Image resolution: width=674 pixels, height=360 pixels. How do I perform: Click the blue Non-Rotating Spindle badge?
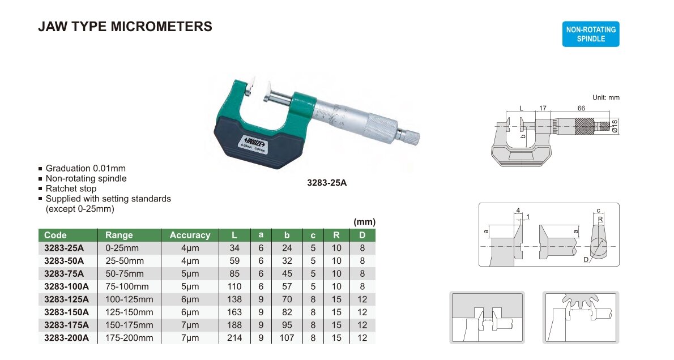[591, 34]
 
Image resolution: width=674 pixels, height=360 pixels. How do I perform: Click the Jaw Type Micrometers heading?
[125, 27]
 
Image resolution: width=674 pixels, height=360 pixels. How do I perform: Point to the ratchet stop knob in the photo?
[408, 136]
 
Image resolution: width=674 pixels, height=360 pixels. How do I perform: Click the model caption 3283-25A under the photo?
[327, 183]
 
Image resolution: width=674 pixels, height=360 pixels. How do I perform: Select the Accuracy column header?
[190, 235]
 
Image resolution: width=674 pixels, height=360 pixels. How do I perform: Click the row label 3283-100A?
[67, 286]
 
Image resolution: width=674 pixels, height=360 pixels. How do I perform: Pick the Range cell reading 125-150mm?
[129, 312]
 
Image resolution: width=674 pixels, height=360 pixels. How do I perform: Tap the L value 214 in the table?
[234, 338]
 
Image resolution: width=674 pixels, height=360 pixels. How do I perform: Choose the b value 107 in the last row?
[287, 338]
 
